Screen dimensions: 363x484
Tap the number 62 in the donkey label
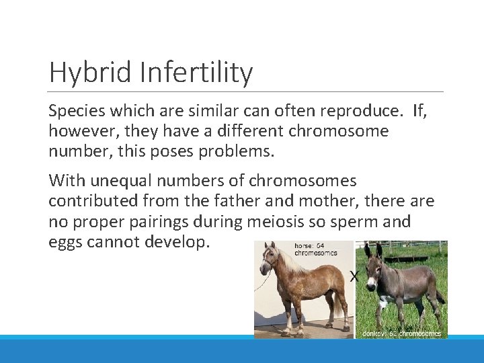(x=392, y=333)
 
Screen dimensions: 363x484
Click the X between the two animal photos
(x=354, y=275)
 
